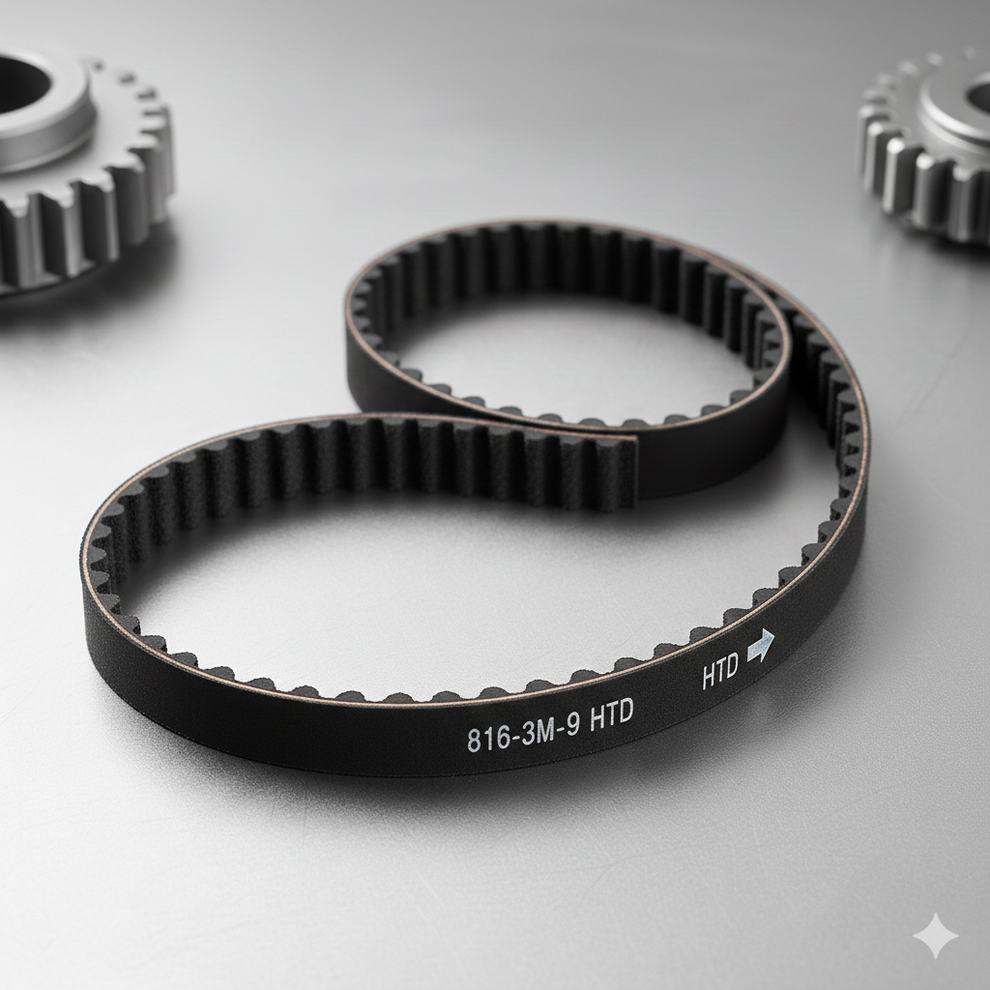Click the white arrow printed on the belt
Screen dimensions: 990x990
coord(761,646)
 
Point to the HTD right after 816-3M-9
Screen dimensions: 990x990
coord(611,716)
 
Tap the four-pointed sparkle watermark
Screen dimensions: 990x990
coord(936,936)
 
